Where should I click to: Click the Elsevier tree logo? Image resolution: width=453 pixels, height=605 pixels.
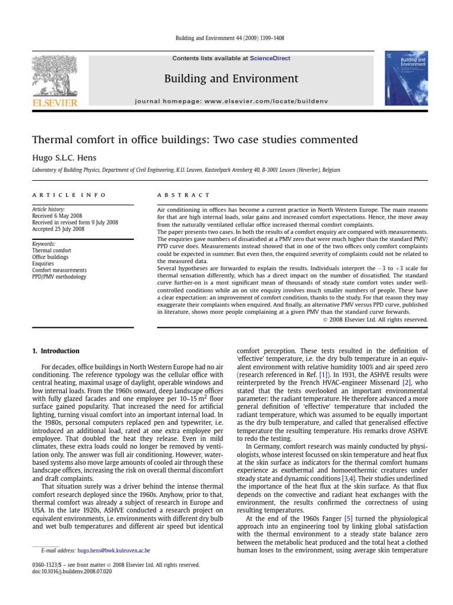(x=54, y=75)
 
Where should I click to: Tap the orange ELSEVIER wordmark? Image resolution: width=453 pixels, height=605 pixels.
(x=54, y=103)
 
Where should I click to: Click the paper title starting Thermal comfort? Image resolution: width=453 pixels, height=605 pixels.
(x=195, y=140)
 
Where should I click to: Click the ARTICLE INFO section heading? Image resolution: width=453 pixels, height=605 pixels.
(x=69, y=194)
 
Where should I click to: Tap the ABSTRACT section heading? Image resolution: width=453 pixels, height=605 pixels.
(x=183, y=194)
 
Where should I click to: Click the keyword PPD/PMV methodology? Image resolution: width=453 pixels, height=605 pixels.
(x=59, y=277)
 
